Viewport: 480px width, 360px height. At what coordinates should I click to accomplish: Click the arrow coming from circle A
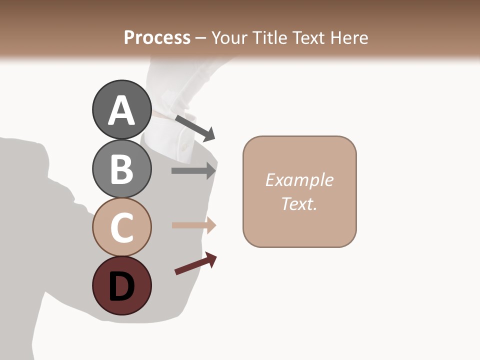tap(195, 128)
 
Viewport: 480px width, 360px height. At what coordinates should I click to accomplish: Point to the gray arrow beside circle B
tap(193, 170)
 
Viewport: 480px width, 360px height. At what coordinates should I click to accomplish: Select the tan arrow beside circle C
tap(193, 225)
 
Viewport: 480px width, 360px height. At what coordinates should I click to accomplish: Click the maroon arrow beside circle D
tap(195, 263)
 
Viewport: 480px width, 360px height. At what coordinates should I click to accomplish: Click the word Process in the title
tap(157, 37)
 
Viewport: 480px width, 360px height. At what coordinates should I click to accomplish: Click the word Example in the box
tap(299, 180)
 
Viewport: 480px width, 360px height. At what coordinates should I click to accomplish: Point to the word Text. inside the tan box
tap(299, 203)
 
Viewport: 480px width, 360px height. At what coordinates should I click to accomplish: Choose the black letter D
tap(121, 286)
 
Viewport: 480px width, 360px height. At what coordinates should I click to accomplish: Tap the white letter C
tap(121, 227)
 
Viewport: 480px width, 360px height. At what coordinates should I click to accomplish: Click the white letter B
tap(121, 169)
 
